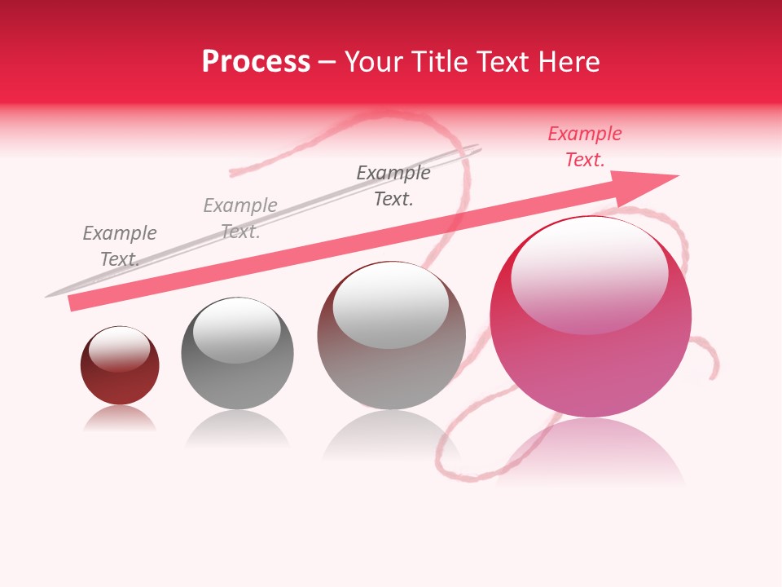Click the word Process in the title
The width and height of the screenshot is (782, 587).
pos(256,62)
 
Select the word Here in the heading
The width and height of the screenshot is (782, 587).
pos(569,62)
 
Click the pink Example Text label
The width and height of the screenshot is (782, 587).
pos(584,147)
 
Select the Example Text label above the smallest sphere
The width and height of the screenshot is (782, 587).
pos(119,246)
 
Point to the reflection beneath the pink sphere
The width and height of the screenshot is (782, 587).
pos(591,452)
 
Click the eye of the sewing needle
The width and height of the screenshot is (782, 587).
pos(471,150)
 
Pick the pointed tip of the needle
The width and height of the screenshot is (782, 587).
pos(47,295)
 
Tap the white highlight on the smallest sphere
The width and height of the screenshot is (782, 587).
pos(119,348)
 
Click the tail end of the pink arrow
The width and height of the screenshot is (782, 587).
pos(73,303)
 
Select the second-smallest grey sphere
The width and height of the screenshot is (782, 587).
pos(237,353)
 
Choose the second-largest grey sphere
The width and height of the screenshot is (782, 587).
pos(391,335)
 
